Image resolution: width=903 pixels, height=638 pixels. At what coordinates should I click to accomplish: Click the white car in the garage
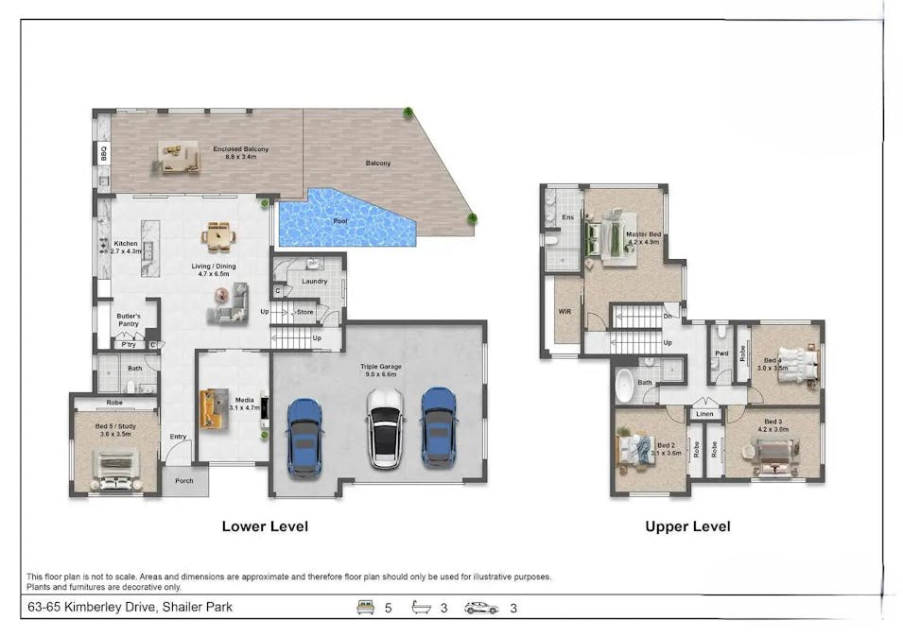(385, 429)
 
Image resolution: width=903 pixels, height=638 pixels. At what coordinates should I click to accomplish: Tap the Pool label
(339, 220)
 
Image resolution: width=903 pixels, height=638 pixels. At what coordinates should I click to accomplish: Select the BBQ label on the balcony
(102, 153)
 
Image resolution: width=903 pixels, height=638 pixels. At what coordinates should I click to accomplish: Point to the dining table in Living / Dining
(217, 237)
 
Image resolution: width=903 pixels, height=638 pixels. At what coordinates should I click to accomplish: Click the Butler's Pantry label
(129, 319)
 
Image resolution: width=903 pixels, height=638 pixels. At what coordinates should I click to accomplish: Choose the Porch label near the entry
(183, 480)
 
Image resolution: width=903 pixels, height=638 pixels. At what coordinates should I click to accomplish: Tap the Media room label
(245, 404)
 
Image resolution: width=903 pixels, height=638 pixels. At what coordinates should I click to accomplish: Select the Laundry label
(314, 281)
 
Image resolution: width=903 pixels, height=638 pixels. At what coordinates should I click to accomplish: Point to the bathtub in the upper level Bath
(625, 386)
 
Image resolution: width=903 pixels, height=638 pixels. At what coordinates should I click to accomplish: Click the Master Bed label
(643, 237)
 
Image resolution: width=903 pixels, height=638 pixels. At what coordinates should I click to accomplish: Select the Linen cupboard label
(703, 414)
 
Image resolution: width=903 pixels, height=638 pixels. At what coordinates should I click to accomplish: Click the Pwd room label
(721, 355)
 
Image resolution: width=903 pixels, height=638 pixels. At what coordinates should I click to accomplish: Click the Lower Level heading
(265, 526)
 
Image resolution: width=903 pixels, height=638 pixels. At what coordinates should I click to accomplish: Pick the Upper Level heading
(687, 526)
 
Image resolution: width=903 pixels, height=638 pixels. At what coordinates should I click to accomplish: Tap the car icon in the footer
(480, 608)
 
